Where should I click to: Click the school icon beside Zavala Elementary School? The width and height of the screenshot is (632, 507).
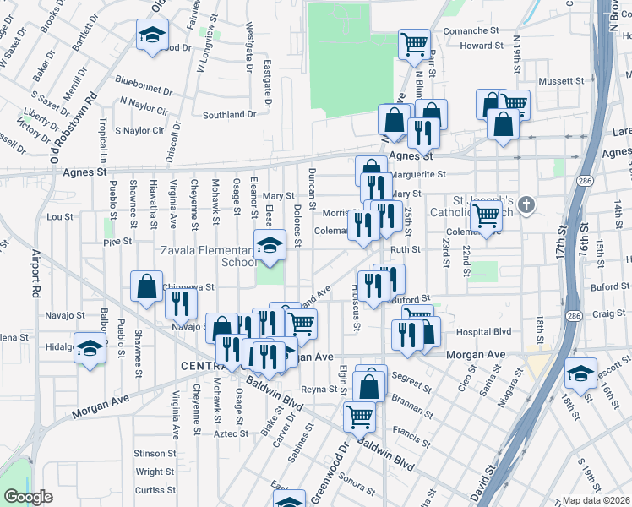(x=270, y=245)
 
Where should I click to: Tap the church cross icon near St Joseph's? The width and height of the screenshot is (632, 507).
(x=526, y=204)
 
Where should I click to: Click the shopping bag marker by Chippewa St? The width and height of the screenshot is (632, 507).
(x=147, y=286)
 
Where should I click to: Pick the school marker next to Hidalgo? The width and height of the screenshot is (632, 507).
(x=90, y=348)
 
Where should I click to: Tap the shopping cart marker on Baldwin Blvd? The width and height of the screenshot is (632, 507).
(x=359, y=416)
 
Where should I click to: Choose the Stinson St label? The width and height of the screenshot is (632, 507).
(x=155, y=454)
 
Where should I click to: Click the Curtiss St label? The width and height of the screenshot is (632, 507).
(x=155, y=490)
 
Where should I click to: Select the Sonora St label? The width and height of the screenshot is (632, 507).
(x=357, y=482)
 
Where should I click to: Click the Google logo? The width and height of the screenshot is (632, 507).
(x=28, y=497)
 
